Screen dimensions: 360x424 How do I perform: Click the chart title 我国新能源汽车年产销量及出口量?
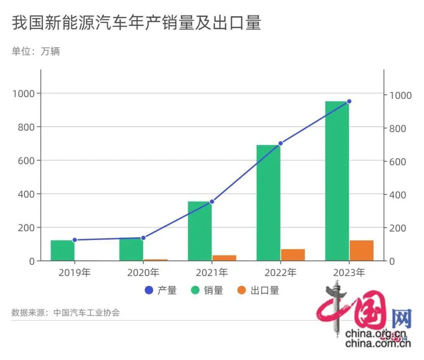136,24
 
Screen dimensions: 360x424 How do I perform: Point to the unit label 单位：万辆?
36,51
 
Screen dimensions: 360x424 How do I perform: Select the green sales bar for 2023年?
337,180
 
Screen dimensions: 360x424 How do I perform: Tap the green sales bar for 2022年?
268,203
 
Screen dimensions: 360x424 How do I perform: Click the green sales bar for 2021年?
199,231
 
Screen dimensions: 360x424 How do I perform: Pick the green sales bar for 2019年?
62,251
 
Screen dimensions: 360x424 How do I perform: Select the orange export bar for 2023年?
362,251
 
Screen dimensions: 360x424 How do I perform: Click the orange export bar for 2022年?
293,255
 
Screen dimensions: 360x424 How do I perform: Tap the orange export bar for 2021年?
224,258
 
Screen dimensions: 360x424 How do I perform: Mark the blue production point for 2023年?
349,101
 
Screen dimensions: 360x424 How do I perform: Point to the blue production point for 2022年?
280,144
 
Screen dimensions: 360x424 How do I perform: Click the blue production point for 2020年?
143,238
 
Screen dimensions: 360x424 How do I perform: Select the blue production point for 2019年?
75,240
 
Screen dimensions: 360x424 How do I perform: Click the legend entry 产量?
161,291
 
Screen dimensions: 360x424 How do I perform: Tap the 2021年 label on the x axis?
212,273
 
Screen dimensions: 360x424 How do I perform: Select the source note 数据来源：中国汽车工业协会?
66,313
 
